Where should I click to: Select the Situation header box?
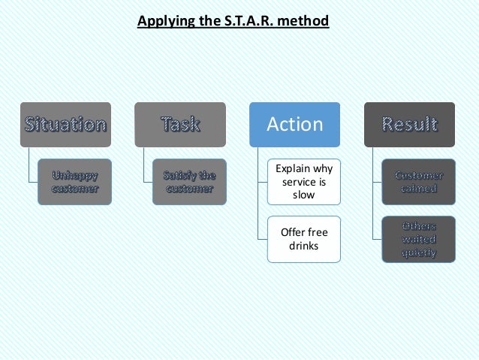65,124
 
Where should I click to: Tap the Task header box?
180,124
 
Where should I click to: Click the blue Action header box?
295,124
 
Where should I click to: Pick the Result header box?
409,124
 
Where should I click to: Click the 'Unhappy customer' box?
74,181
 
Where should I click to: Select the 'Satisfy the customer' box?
189,181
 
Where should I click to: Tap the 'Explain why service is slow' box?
304,181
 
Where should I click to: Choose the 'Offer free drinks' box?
304,239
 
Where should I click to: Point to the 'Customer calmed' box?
419,181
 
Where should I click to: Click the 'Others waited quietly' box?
419,239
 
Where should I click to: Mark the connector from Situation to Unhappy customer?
31,165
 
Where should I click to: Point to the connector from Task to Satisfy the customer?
146,165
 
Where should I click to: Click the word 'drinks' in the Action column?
304,246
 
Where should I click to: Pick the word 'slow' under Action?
304,195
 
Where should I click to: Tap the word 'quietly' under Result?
419,253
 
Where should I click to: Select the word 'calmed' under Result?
419,189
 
